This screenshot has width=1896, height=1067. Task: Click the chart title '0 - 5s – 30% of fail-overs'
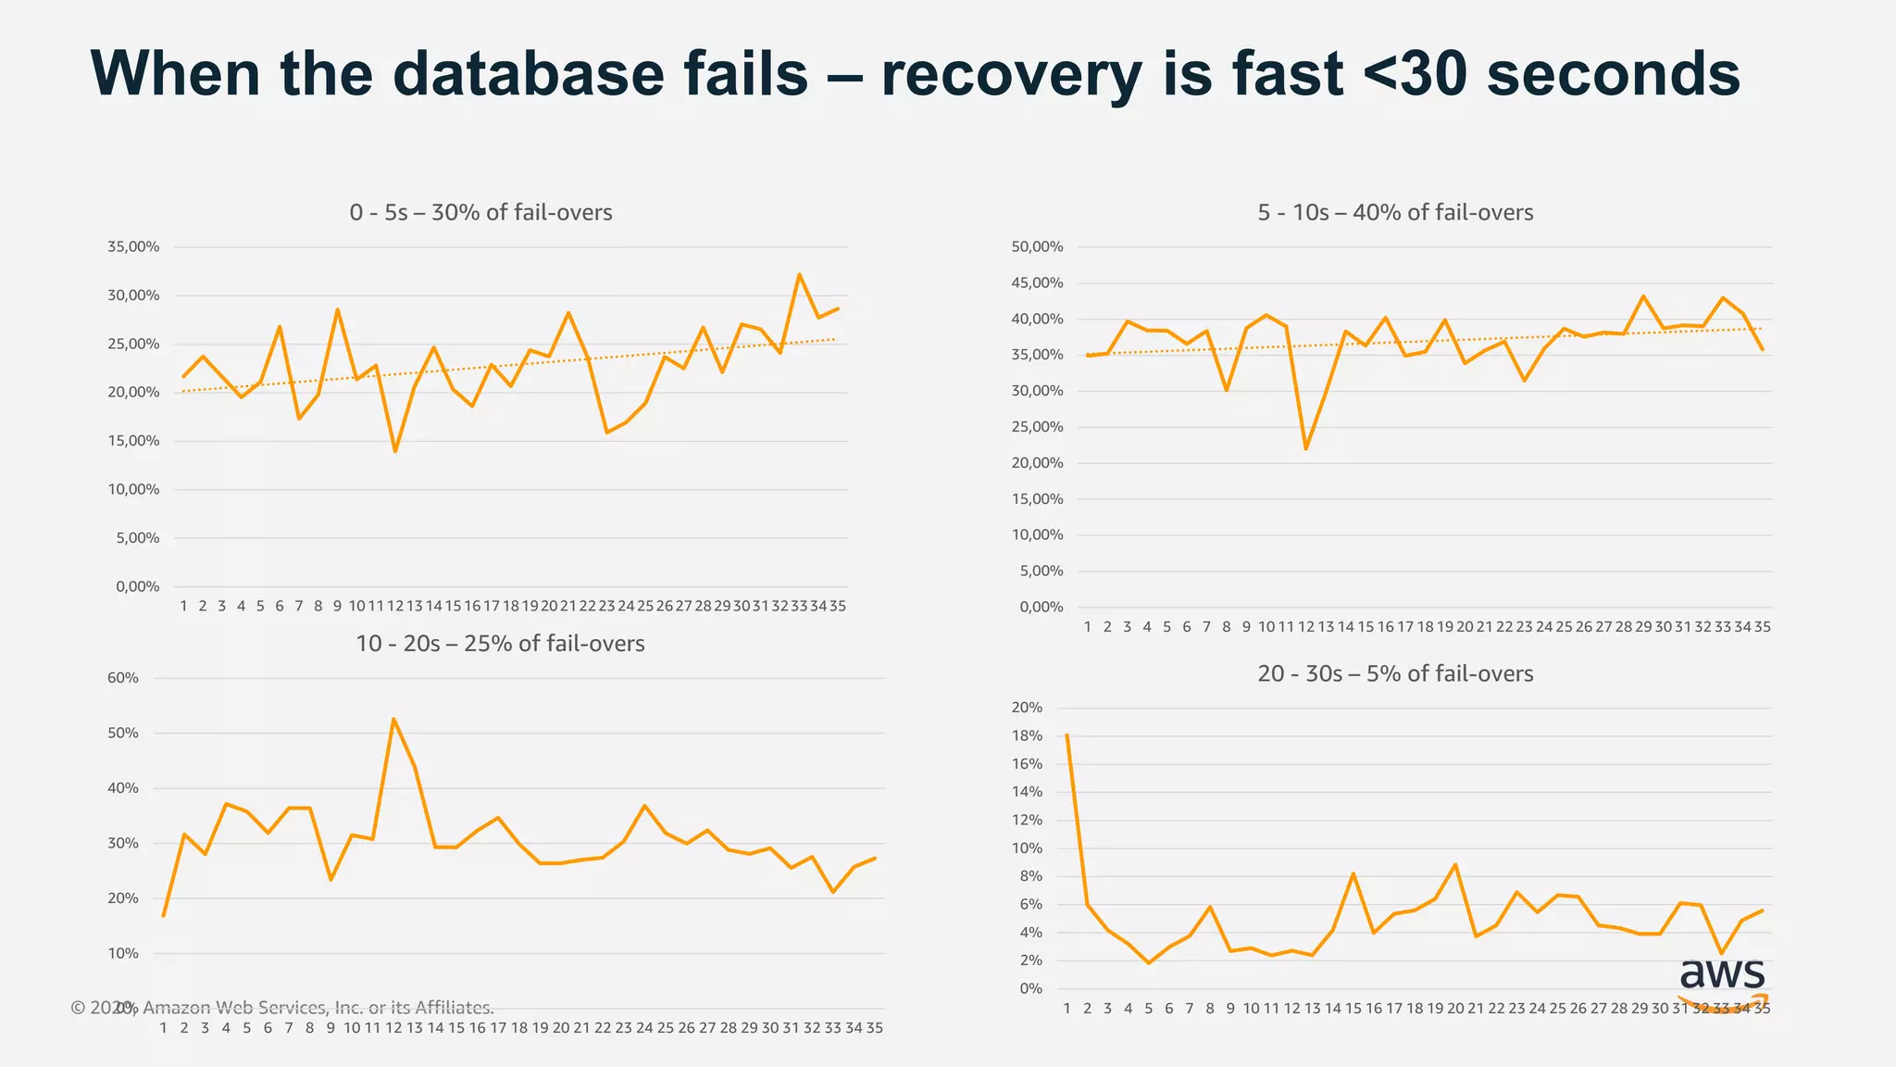[x=480, y=213]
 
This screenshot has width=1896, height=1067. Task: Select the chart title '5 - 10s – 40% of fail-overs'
[x=1395, y=213]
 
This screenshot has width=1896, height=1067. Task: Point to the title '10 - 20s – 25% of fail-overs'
[x=500, y=644]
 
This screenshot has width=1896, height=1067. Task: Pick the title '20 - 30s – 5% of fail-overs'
[x=1395, y=674]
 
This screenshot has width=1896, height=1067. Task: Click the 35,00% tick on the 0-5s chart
[x=133, y=247]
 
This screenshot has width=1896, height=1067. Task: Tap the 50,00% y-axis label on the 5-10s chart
[x=1037, y=247]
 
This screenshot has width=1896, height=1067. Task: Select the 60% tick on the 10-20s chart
[x=123, y=678]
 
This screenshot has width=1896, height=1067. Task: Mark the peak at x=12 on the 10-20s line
[x=393, y=719]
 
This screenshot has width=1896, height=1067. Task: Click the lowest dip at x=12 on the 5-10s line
[x=1305, y=449]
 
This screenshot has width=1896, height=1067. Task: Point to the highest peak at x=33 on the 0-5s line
[x=799, y=274]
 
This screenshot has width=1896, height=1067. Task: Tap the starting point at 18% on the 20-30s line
[x=1067, y=735]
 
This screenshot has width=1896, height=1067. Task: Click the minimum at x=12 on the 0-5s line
[x=395, y=451]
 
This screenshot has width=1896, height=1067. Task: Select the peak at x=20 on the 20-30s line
[x=1455, y=864]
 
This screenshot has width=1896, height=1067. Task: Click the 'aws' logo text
[x=1722, y=974]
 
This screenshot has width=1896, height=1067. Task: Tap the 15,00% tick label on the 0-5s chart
[x=133, y=441]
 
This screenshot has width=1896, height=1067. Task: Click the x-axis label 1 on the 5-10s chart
[x=1087, y=627]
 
